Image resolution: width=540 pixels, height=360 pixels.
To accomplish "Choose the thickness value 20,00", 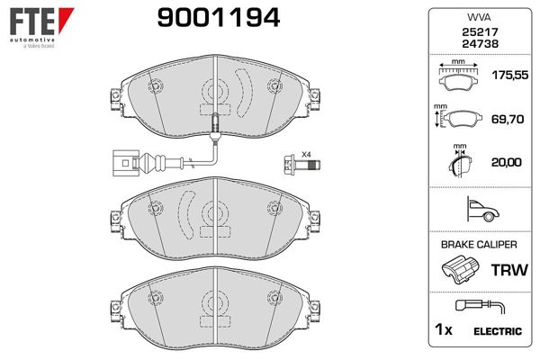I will pyautogui.click(x=507, y=163).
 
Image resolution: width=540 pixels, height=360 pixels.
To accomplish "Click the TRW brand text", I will pyautogui.click(x=506, y=270).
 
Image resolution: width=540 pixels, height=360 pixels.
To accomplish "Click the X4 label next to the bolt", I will pyautogui.click(x=305, y=154).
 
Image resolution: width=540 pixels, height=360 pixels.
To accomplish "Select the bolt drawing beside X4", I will pyautogui.click(x=292, y=166).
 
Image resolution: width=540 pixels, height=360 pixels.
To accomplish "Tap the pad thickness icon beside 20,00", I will pyautogui.click(x=459, y=163).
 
